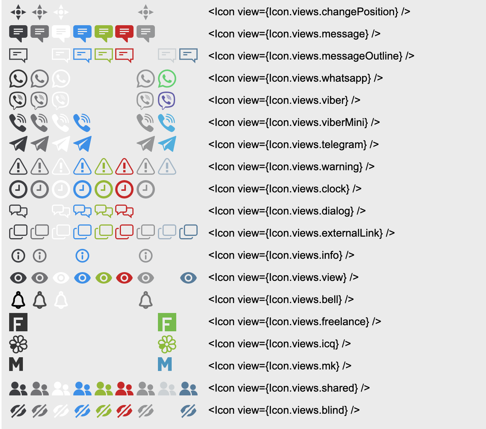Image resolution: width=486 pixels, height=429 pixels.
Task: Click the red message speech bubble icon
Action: click(124, 33)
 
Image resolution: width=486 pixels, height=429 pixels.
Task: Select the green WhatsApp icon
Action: click(167, 79)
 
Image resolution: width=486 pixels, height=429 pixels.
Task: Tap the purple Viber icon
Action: click(167, 100)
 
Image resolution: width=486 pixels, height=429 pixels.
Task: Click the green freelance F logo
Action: click(167, 322)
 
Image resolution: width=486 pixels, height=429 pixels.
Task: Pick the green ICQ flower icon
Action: click(167, 344)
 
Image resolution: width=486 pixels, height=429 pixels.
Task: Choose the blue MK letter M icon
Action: click(165, 364)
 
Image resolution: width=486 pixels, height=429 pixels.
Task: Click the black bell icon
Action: click(18, 300)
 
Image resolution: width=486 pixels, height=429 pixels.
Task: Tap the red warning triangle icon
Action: click(124, 167)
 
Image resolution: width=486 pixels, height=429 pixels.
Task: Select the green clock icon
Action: click(103, 189)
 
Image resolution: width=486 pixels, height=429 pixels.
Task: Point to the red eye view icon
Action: click(124, 278)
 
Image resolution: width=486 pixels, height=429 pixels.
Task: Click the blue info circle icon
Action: click(82, 256)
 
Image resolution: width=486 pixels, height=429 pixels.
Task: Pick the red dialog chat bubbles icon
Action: click(124, 211)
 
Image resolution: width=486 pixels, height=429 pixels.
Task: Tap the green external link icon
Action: click(103, 232)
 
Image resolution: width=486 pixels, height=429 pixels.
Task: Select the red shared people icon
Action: click(124, 389)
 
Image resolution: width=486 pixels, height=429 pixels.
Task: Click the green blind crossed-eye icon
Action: click(103, 411)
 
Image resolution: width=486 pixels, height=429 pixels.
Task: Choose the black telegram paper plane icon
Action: click(18, 144)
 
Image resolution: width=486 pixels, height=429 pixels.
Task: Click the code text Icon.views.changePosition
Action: click(309, 12)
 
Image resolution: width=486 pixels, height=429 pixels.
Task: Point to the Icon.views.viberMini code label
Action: click(294, 123)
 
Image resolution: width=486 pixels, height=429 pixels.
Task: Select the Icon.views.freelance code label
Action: click(294, 322)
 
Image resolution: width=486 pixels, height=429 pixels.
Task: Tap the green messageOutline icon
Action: click(103, 55)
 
